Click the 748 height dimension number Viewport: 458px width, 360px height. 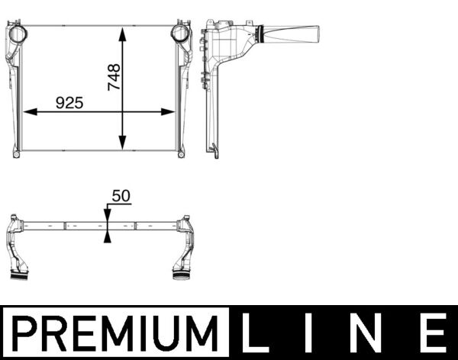pos(114,77)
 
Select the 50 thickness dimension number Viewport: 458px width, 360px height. pos(121,196)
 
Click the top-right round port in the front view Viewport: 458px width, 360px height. pos(179,34)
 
